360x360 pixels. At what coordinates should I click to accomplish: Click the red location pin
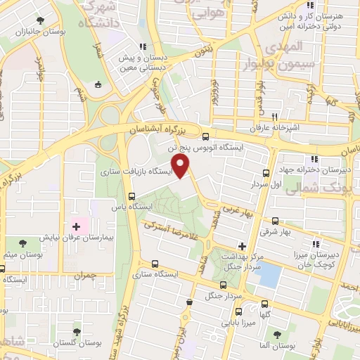click(182, 166)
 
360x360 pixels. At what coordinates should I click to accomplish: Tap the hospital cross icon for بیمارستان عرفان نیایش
click(77, 226)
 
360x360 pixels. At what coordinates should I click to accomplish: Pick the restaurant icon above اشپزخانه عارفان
click(276, 117)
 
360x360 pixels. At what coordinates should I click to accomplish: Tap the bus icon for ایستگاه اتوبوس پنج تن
click(205, 136)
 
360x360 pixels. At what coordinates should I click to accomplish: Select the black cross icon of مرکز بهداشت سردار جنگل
click(243, 246)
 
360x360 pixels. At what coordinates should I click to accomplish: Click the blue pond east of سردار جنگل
click(269, 276)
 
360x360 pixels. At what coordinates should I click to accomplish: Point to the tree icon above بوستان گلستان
click(77, 331)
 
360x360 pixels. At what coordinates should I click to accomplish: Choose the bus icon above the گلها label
click(266, 304)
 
